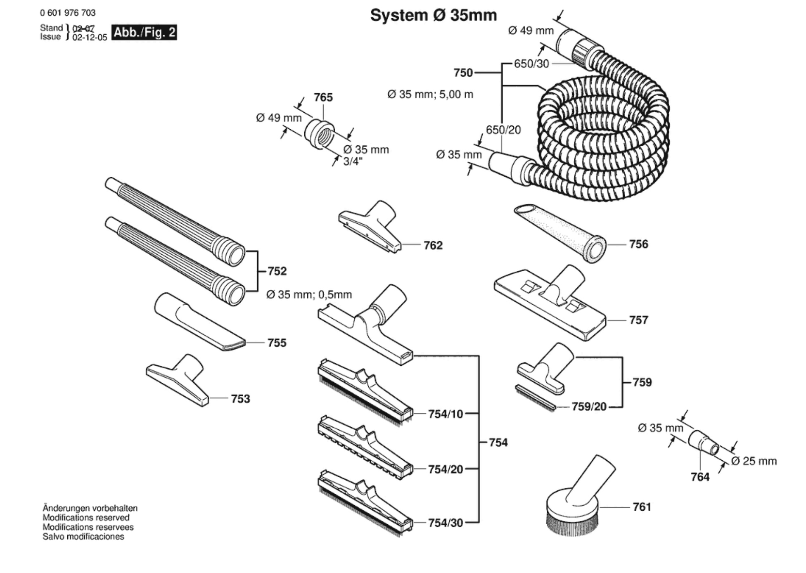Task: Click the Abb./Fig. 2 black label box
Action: click(144, 32)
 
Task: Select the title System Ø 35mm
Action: click(433, 15)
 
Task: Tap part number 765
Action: click(323, 97)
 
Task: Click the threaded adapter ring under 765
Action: click(320, 134)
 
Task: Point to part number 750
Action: click(463, 73)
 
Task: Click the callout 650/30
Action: click(531, 64)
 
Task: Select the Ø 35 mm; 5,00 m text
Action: click(430, 95)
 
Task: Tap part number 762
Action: click(433, 245)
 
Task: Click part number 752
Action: click(277, 271)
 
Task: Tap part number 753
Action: click(240, 399)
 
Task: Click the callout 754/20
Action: click(446, 469)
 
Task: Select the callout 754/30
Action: click(446, 523)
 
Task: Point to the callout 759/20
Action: click(589, 407)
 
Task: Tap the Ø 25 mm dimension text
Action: click(754, 461)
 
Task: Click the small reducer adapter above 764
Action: click(703, 443)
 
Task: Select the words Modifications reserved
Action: click(86, 518)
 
